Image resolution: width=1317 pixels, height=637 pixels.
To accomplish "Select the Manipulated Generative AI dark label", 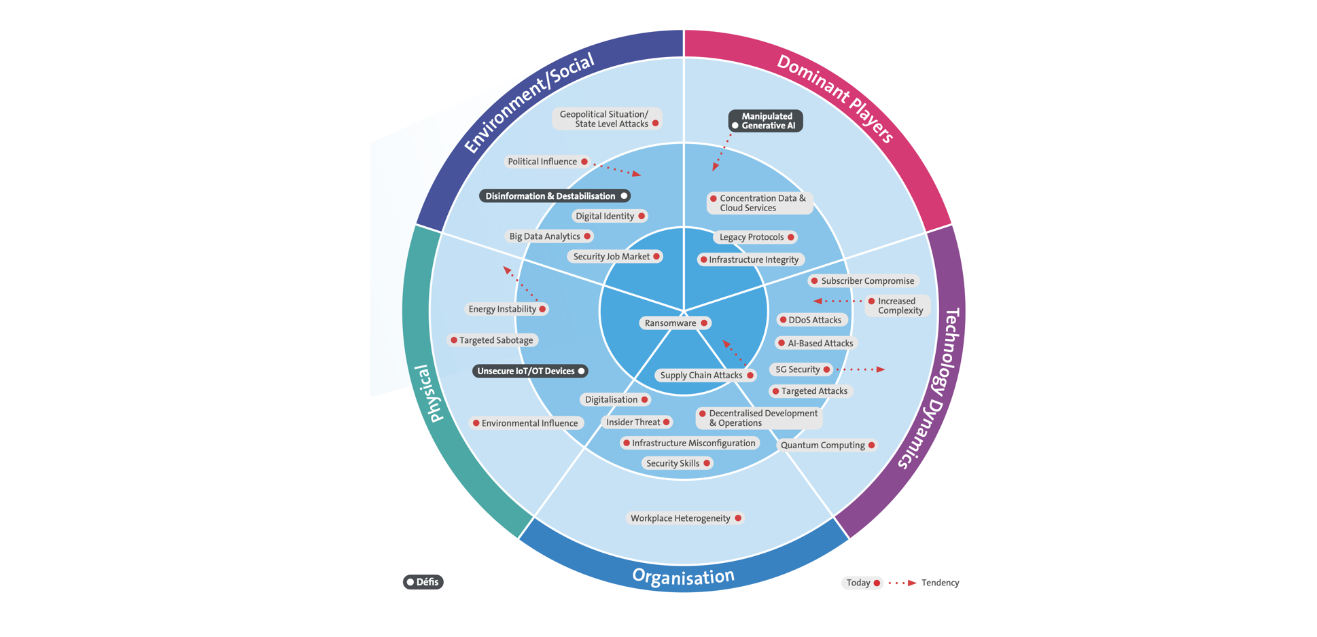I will pos(766,121).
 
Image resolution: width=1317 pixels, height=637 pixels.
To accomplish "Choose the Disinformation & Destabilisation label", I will pos(555,196).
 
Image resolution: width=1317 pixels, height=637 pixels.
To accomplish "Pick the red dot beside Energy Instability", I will pos(542,309).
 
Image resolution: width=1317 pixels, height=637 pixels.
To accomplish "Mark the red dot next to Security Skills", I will pos(707,463).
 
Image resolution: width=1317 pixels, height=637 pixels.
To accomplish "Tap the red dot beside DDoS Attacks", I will pos(783,320).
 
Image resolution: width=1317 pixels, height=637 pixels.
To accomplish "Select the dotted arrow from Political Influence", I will pos(617,168).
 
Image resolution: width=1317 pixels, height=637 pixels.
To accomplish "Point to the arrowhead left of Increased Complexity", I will pos(818,301).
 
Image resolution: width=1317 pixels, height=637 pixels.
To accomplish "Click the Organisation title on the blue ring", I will pos(683,577).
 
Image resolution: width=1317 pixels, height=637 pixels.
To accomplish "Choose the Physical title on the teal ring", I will pos(429,394).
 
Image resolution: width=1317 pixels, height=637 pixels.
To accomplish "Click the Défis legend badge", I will pos(423,582).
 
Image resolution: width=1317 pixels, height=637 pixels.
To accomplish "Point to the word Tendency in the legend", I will pos(940,583).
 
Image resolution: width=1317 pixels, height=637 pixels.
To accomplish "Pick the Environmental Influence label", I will pos(526,423).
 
